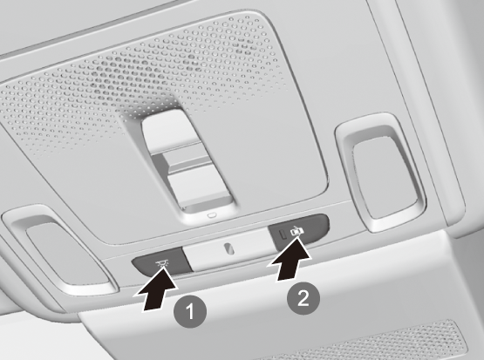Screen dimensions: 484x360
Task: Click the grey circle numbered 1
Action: click(x=190, y=311)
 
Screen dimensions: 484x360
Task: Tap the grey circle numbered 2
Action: click(x=303, y=298)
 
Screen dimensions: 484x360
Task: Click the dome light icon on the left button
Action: click(x=160, y=263)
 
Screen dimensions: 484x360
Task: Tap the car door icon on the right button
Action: click(x=296, y=230)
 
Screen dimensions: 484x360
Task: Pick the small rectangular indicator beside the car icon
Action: click(x=283, y=234)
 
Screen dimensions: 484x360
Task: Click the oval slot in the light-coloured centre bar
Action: click(x=228, y=248)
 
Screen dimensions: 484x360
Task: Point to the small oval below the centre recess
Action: click(x=212, y=215)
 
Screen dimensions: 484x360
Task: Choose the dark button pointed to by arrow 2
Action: click(x=298, y=231)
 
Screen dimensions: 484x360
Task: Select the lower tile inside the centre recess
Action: click(x=198, y=185)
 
